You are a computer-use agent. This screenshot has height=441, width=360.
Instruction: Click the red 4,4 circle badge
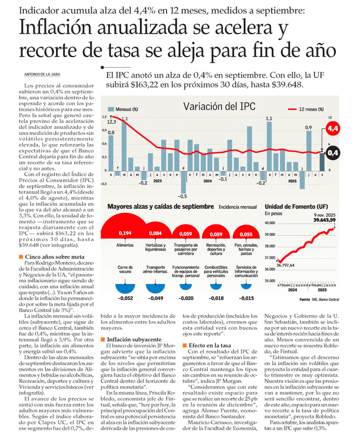point(333,128)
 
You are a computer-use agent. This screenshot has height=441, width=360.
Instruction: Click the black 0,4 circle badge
point(333,153)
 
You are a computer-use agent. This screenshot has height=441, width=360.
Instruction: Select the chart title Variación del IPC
point(219,106)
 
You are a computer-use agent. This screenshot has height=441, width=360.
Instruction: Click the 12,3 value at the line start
point(111,122)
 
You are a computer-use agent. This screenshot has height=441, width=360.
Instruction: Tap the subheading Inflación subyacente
point(130,339)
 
